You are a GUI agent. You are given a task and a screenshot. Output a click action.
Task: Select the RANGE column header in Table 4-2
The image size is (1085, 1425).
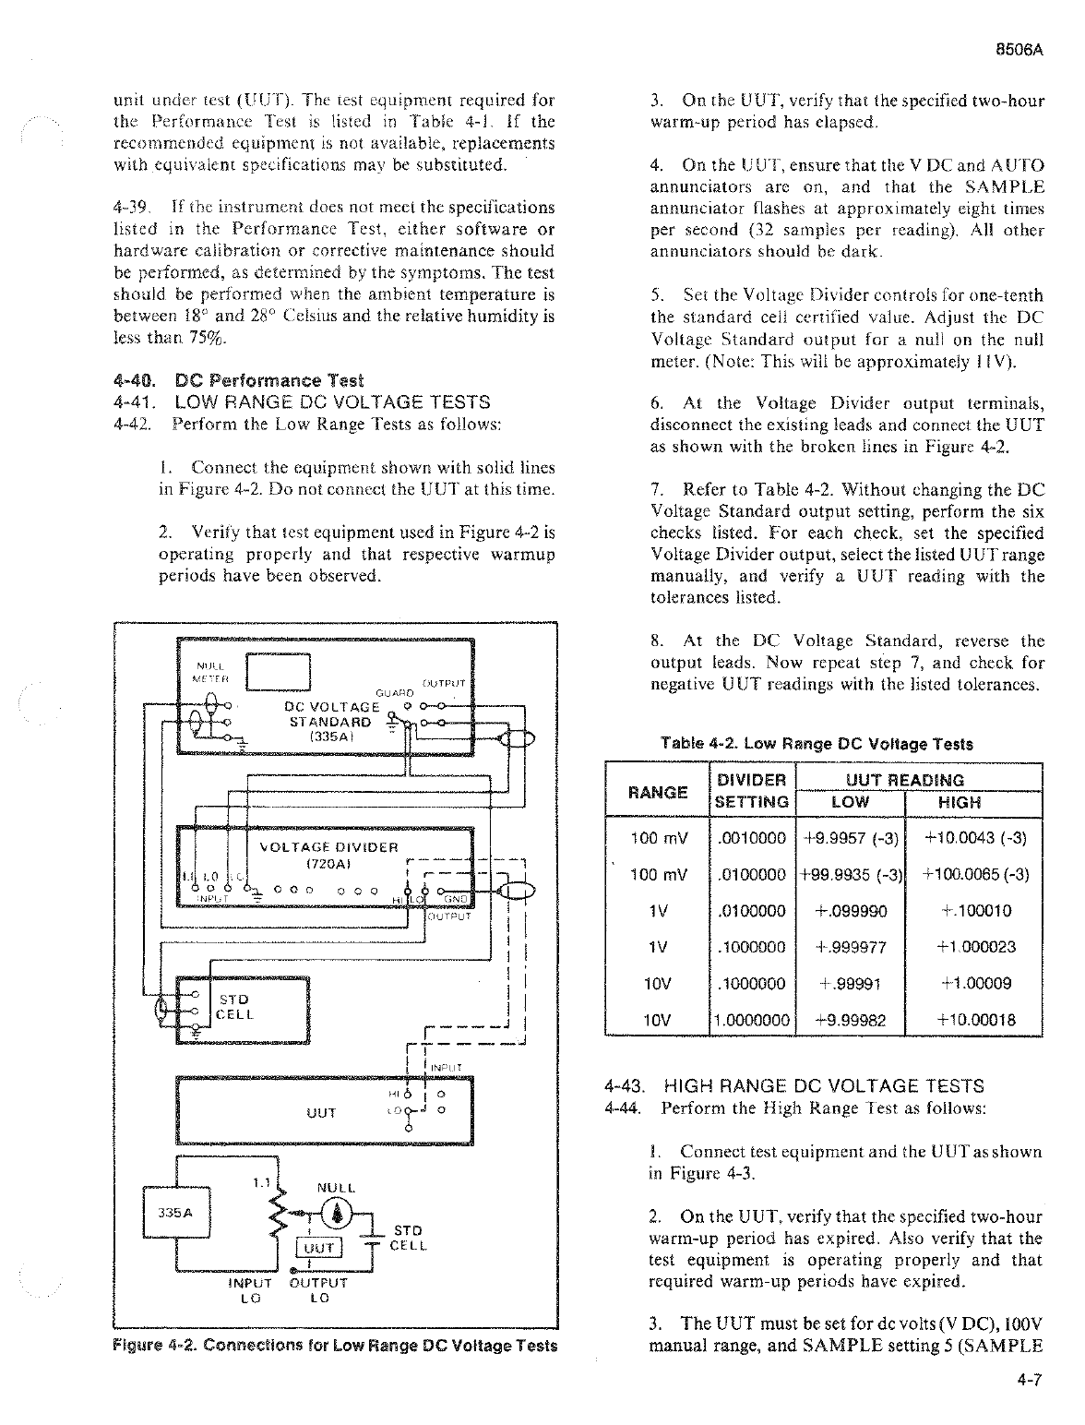pyautogui.click(x=658, y=792)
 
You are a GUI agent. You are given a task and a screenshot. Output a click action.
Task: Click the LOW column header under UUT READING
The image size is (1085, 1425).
pyautogui.click(x=850, y=802)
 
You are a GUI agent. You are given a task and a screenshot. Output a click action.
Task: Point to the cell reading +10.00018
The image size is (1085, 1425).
pyautogui.click(x=975, y=1020)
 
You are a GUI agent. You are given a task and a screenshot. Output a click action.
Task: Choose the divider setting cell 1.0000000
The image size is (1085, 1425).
pyautogui.click(x=752, y=1020)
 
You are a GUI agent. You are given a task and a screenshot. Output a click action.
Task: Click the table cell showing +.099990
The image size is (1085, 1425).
pyautogui.click(x=850, y=911)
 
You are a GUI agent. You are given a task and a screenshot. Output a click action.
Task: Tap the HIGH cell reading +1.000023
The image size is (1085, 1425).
pyautogui.click(x=975, y=947)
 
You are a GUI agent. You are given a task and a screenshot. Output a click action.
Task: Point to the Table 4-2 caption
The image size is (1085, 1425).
pyautogui.click(x=817, y=744)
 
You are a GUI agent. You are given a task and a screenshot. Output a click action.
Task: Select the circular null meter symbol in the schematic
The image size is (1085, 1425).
pyautogui.click(x=340, y=1213)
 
